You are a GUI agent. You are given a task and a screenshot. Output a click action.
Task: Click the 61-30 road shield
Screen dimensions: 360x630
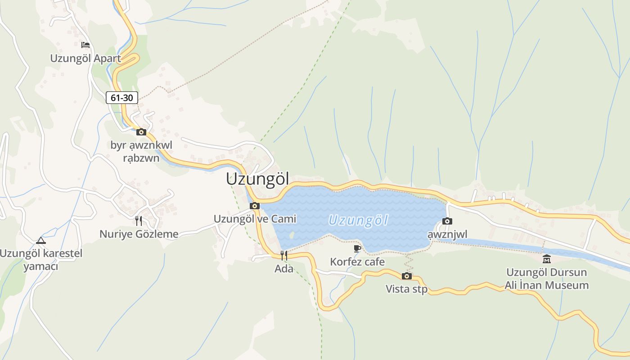coord(122,98)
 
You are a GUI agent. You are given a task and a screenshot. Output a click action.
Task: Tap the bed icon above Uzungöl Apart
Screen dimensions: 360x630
coord(85,45)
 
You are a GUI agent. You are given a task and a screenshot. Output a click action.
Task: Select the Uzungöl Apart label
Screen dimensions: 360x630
coord(85,58)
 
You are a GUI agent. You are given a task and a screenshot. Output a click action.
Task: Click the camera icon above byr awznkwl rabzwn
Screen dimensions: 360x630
coord(141,132)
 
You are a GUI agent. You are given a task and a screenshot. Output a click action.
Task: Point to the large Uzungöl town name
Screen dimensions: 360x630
coord(257,179)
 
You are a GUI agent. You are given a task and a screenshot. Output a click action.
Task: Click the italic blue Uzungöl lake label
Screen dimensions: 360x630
coord(358,220)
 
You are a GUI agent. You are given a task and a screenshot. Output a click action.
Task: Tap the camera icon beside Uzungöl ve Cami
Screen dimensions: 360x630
coord(255,206)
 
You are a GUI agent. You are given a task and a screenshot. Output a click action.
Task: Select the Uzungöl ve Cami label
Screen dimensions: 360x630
coord(255,219)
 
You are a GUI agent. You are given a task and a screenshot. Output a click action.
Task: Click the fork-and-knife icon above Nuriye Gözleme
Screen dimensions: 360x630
coord(139,220)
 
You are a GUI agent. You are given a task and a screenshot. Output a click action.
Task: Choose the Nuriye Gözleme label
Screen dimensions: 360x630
coord(139,234)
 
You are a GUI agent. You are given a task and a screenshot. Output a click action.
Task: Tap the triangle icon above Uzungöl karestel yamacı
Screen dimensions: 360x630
coord(41,240)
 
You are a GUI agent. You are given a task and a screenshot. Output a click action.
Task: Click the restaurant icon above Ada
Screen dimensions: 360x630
coord(283,256)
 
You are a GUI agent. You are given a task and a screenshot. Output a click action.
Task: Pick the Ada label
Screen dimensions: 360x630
coord(284,269)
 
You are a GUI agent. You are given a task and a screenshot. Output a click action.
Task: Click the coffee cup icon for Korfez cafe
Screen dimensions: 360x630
coord(357,248)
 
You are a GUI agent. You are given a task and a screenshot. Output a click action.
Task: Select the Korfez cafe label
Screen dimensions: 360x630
coord(357,261)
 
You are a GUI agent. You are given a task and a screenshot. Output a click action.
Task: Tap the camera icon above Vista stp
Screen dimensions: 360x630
coord(406,276)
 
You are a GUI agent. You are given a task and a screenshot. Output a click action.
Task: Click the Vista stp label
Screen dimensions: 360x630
coord(406,289)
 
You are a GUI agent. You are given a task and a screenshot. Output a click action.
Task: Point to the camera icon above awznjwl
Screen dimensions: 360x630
coord(447,221)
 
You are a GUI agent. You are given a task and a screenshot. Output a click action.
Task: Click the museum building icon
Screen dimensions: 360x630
coord(547,259)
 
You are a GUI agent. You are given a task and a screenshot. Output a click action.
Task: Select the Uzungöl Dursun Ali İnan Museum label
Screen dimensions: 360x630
coord(547,279)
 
